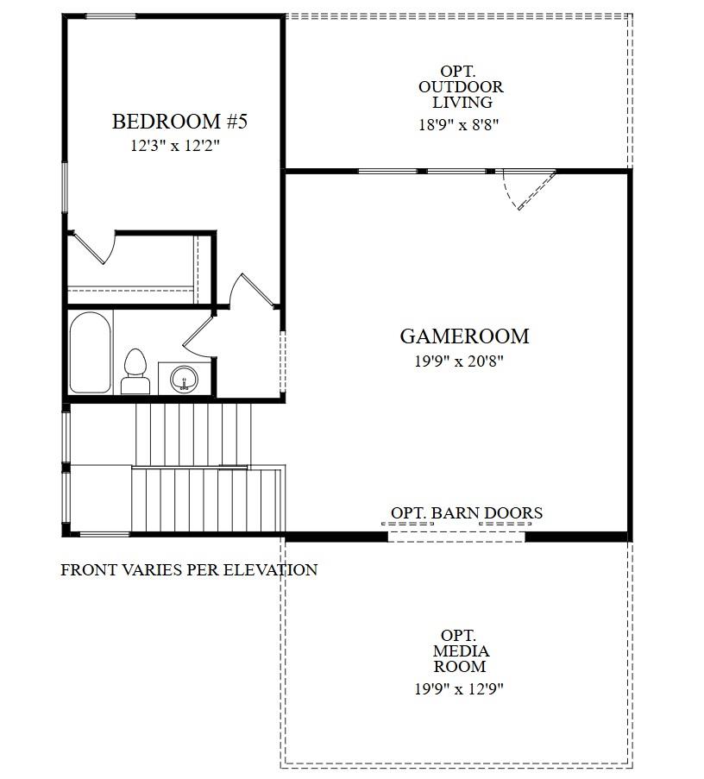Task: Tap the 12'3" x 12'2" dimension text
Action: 176,146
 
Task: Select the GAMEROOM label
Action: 464,336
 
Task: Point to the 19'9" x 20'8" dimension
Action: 459,361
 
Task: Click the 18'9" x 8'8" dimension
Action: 459,124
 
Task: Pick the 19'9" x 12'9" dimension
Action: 459,688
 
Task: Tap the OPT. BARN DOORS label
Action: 467,513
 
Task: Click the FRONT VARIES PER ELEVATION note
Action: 189,569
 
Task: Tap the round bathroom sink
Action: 184,379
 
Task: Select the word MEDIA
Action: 461,651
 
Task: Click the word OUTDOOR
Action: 461,87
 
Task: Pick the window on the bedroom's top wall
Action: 110,16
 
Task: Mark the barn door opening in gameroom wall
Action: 456,537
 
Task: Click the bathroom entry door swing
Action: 198,336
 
